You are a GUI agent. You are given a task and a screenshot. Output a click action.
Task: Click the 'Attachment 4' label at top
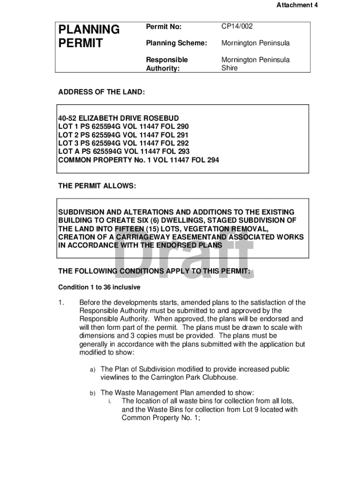(294, 5)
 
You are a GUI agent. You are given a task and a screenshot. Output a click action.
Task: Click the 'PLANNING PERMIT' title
(88, 36)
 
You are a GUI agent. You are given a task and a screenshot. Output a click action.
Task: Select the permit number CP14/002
(237, 27)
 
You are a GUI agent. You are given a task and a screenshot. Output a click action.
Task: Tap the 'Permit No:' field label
(163, 27)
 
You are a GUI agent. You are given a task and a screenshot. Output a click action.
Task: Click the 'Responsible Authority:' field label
(167, 64)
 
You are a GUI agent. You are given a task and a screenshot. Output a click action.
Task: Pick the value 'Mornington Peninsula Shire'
(255, 64)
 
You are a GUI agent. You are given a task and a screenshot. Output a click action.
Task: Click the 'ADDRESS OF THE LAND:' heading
(101, 92)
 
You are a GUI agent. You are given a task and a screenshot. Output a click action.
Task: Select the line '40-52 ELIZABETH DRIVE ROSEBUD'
(118, 118)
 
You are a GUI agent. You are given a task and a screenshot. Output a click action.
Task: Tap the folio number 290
(182, 126)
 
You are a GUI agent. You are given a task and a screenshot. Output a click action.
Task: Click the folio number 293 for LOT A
(183, 152)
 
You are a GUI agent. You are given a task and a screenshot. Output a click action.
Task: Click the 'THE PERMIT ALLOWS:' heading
(97, 186)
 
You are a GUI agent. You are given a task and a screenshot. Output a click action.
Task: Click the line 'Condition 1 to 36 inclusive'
(99, 287)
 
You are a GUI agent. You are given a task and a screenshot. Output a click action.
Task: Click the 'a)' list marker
(93, 370)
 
